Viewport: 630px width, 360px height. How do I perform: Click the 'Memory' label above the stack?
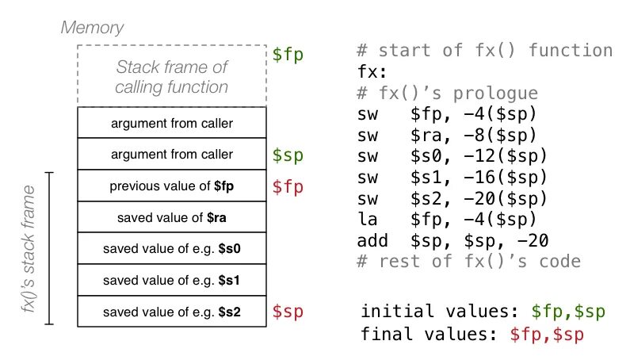93,29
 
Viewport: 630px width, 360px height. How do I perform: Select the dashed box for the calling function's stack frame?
172,76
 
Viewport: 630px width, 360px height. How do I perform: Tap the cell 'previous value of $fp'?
172,186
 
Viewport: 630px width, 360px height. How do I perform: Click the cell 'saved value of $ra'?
172,217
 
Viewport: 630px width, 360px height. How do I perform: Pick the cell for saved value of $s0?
172,248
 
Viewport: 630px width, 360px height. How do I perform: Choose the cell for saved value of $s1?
172,279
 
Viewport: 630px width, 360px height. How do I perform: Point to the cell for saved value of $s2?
172,311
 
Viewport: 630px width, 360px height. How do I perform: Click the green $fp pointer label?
288,55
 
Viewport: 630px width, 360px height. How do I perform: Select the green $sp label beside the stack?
288,154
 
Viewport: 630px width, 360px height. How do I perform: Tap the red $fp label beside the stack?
288,186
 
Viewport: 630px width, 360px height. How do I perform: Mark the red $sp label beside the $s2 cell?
288,311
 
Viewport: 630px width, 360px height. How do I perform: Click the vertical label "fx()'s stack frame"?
29,248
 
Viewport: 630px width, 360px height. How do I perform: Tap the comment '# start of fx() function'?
484,52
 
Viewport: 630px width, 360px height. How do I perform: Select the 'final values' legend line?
472,334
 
